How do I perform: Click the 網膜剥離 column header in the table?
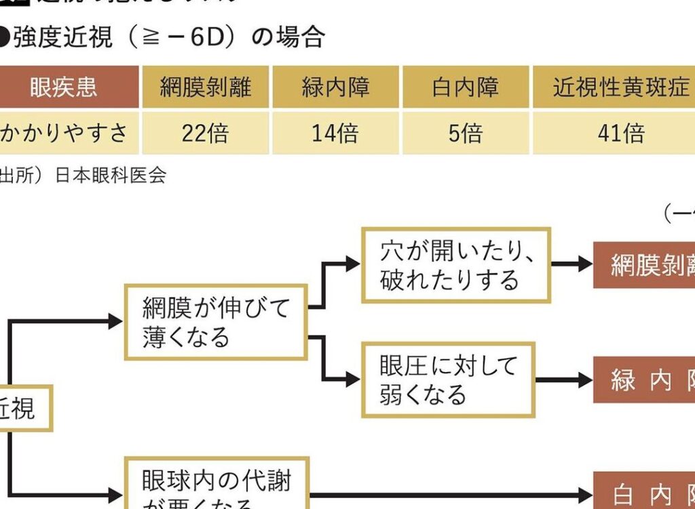point(206,87)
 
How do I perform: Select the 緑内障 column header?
point(335,87)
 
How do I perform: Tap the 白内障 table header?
point(465,87)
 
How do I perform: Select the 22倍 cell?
point(206,133)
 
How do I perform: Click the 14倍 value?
point(335,133)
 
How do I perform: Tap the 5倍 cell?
point(465,133)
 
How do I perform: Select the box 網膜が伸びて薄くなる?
point(216,322)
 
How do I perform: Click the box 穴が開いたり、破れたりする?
point(455,265)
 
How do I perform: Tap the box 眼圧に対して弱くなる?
point(448,380)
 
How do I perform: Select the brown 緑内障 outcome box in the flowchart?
point(645,380)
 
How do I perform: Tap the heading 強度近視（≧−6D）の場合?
point(163,37)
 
